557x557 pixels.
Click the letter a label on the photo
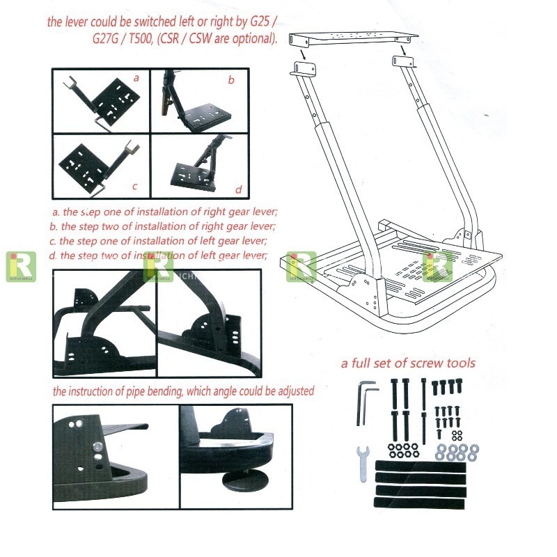pos(136,79)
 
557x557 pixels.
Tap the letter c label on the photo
pos(134,187)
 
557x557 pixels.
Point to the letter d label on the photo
pos(238,189)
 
